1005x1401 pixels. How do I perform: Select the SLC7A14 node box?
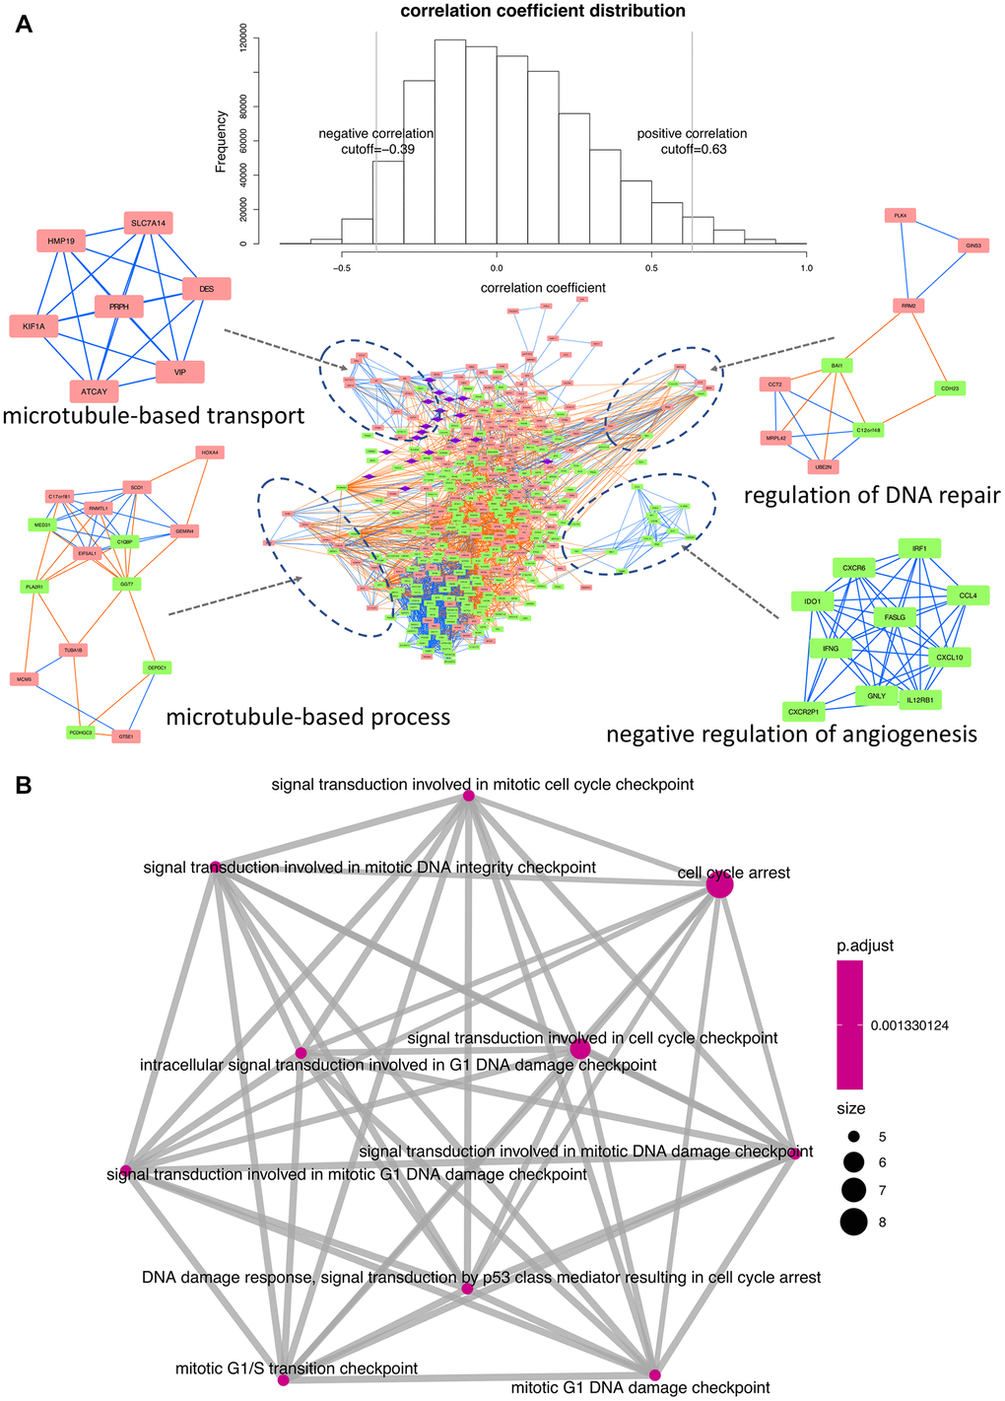coord(149,224)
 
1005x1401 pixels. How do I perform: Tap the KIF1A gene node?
coord(34,326)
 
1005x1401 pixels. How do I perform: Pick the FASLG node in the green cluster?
coord(895,617)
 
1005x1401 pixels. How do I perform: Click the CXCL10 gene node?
coord(950,657)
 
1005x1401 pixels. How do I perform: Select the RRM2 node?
coord(907,306)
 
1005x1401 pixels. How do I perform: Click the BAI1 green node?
coord(837,366)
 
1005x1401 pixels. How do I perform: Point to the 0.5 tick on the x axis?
coord(650,267)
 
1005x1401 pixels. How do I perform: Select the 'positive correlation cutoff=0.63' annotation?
coord(692,141)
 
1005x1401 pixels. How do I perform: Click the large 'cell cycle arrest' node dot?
coord(720,885)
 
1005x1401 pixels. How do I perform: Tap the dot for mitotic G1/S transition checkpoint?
coord(284,1380)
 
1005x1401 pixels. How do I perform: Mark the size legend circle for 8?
coord(853,1223)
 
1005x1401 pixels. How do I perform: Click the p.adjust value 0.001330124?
coord(909,1025)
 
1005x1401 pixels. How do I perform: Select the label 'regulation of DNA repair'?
coord(872,495)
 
